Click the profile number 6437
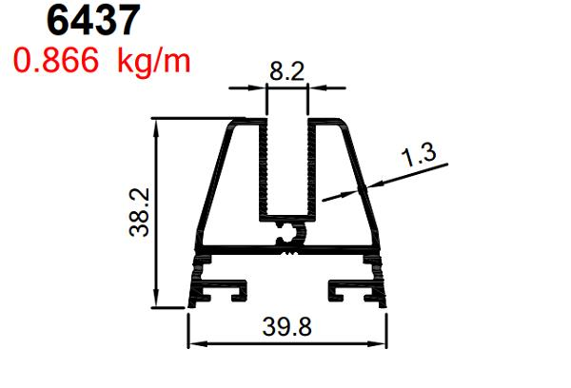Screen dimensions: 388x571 tap(95, 21)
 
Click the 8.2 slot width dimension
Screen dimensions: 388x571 tap(287, 68)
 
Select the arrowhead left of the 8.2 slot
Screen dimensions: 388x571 tap(259, 88)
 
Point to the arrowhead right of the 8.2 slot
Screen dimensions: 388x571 tap(317, 88)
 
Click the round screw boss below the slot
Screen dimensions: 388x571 tap(288, 231)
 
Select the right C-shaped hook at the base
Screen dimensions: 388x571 tap(343, 288)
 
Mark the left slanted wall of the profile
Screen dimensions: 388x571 tap(211, 181)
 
